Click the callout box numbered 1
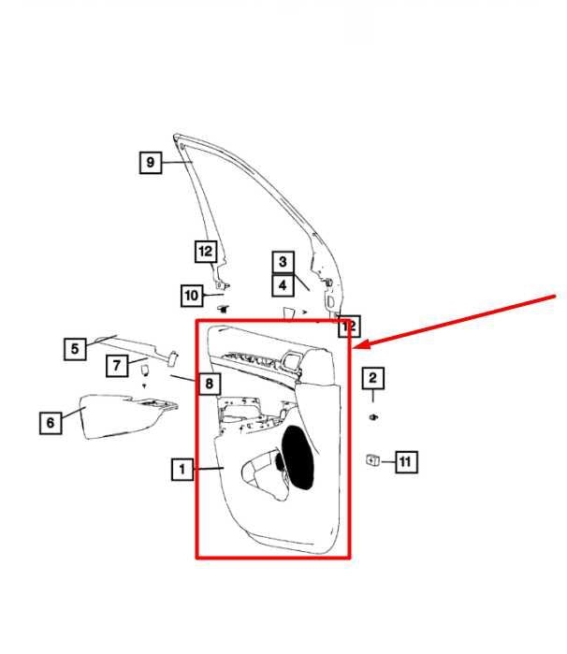tap(182, 470)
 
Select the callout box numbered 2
tap(372, 378)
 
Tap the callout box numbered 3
tap(283, 262)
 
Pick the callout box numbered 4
tap(283, 285)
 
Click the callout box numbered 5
tap(75, 349)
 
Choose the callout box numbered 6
tap(51, 423)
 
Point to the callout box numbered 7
tap(117, 366)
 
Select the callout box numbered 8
tap(210, 383)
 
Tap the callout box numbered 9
tap(151, 162)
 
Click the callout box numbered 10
tap(192, 296)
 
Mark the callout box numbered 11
tap(406, 461)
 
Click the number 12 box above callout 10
tap(206, 252)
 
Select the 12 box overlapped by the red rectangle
tap(348, 327)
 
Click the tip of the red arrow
tap(353, 347)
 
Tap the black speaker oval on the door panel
tap(298, 458)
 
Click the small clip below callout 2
tap(373, 417)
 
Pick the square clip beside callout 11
tap(372, 460)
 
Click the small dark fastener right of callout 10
tap(224, 309)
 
